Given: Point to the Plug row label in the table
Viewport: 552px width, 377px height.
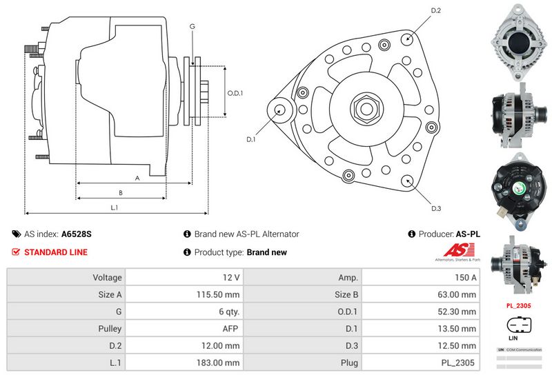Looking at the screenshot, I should (349, 362).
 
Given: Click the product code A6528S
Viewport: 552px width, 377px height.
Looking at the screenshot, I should (76, 234).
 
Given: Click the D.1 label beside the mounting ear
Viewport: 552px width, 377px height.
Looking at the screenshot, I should (251, 139).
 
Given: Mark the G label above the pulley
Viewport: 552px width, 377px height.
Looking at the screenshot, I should (192, 26).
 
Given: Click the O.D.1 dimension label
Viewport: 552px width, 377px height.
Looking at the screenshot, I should (235, 93).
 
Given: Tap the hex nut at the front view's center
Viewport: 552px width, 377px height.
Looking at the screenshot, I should (363, 108).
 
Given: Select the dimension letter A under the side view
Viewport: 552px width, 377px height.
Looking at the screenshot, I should (137, 178).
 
